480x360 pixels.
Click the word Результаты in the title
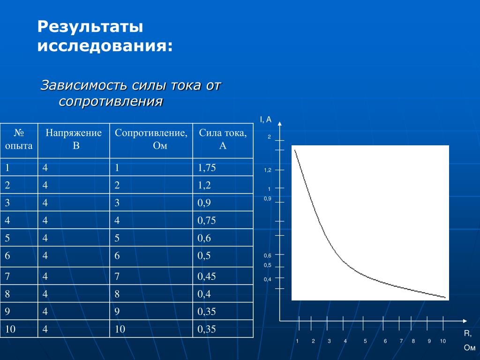[x=90, y=27]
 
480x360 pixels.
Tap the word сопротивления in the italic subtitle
[x=111, y=101]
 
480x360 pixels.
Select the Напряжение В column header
[x=74, y=139]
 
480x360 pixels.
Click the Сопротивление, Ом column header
[x=151, y=139]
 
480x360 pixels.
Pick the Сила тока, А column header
[x=223, y=139]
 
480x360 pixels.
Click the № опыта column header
[x=19, y=139]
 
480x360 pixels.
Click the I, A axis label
[x=266, y=120]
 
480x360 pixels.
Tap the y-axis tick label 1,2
[x=268, y=170]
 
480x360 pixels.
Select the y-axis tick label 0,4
[x=268, y=279]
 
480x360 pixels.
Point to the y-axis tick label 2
[x=270, y=137]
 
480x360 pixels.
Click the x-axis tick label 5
[x=365, y=341]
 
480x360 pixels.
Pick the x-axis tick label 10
[x=443, y=341]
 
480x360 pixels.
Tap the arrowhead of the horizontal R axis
[x=465, y=321]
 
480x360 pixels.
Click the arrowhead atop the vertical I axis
[x=279, y=124]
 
